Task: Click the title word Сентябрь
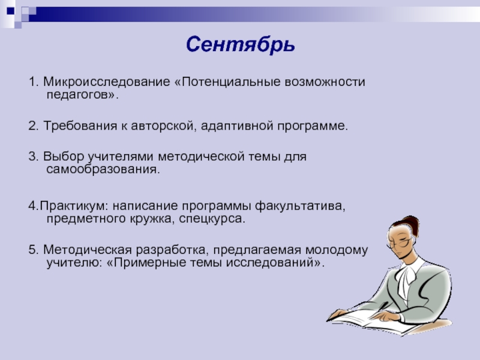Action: [241, 44]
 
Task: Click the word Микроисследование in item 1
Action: [107, 82]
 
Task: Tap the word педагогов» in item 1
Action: [82, 95]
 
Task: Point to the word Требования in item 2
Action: [80, 126]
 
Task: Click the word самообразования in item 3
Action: [103, 170]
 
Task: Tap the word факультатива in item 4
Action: [300, 206]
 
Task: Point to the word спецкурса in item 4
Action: [212, 219]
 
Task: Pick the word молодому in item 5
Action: [337, 250]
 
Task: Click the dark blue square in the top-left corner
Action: [11, 11]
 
